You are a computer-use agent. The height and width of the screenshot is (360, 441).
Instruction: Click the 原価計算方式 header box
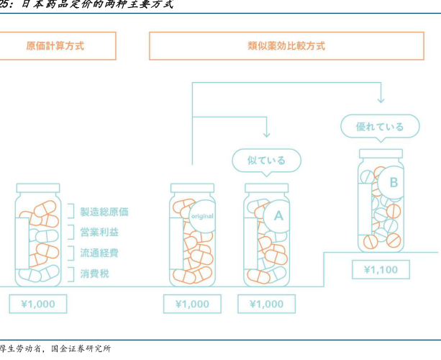[55, 45]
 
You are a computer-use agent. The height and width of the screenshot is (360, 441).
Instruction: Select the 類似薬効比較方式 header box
[286, 45]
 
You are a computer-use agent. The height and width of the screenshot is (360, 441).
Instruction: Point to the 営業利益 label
[99, 232]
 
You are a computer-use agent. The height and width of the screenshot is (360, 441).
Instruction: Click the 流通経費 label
[99, 253]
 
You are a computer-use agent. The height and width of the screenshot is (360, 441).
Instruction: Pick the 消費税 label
[95, 274]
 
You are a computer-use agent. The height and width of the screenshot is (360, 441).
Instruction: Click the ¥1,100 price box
[381, 270]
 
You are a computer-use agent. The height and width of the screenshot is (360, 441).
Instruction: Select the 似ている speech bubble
[266, 160]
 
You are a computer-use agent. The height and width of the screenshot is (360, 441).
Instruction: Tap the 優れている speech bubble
[380, 127]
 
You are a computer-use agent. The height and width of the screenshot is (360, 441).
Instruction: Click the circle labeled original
[201, 215]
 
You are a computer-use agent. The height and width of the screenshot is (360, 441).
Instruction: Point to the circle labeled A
[278, 215]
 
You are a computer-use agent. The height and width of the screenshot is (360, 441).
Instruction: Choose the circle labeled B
[394, 182]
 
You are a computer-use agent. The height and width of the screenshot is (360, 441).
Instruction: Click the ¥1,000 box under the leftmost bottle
[37, 304]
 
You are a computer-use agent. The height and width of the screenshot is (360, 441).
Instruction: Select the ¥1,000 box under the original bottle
[192, 304]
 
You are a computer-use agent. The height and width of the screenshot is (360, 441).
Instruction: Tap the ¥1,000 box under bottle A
[266, 304]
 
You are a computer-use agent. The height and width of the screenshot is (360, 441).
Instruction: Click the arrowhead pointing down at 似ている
[266, 134]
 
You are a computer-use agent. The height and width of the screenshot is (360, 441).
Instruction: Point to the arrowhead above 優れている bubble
[381, 99]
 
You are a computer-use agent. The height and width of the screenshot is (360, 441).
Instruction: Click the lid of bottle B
[381, 153]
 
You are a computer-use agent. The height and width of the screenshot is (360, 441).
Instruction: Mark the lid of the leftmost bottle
[37, 187]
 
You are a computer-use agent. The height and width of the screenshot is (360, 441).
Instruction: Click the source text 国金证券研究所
[81, 350]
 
